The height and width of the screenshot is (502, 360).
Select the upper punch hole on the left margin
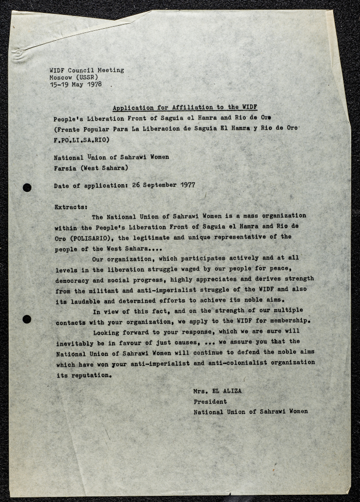click(27, 187)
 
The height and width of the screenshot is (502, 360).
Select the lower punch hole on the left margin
click(27, 319)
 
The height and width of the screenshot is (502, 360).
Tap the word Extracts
click(70, 207)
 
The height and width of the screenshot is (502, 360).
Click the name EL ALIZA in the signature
click(225, 391)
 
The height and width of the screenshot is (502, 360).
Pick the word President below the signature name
click(210, 401)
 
